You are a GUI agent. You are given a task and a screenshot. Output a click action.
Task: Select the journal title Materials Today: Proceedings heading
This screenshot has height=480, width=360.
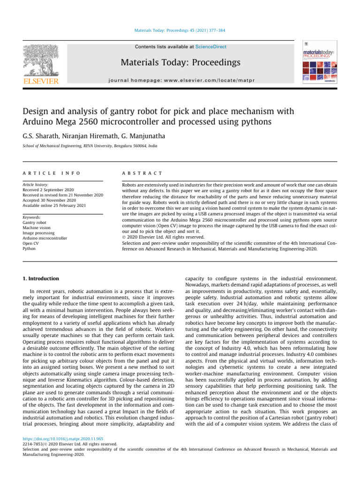[180, 63]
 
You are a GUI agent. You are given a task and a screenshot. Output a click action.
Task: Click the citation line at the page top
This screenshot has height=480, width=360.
[180, 31]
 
